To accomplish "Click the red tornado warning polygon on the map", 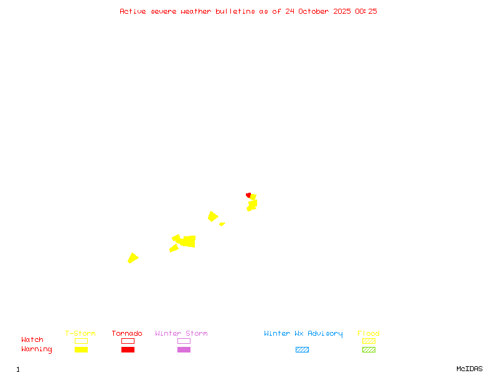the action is (248, 195).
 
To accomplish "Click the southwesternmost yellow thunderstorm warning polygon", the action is (133, 258).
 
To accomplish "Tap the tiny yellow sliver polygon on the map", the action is (222, 224).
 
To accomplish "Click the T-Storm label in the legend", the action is (80, 333).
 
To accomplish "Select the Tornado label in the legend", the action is (127, 333).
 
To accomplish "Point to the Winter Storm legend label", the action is (181, 333).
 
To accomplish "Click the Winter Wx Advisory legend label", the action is (303, 333).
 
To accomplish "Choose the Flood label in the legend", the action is (369, 333).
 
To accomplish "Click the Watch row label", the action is (32, 340).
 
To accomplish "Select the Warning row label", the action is (37, 349).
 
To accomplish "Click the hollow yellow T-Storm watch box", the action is (81, 341).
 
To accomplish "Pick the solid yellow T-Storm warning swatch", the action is (81, 349).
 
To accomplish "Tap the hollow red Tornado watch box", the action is (128, 341).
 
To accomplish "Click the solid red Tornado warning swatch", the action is (128, 349).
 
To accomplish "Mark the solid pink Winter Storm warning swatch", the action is (184, 349).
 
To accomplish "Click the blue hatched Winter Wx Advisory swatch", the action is (302, 349).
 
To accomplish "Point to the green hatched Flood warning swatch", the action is (369, 349).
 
